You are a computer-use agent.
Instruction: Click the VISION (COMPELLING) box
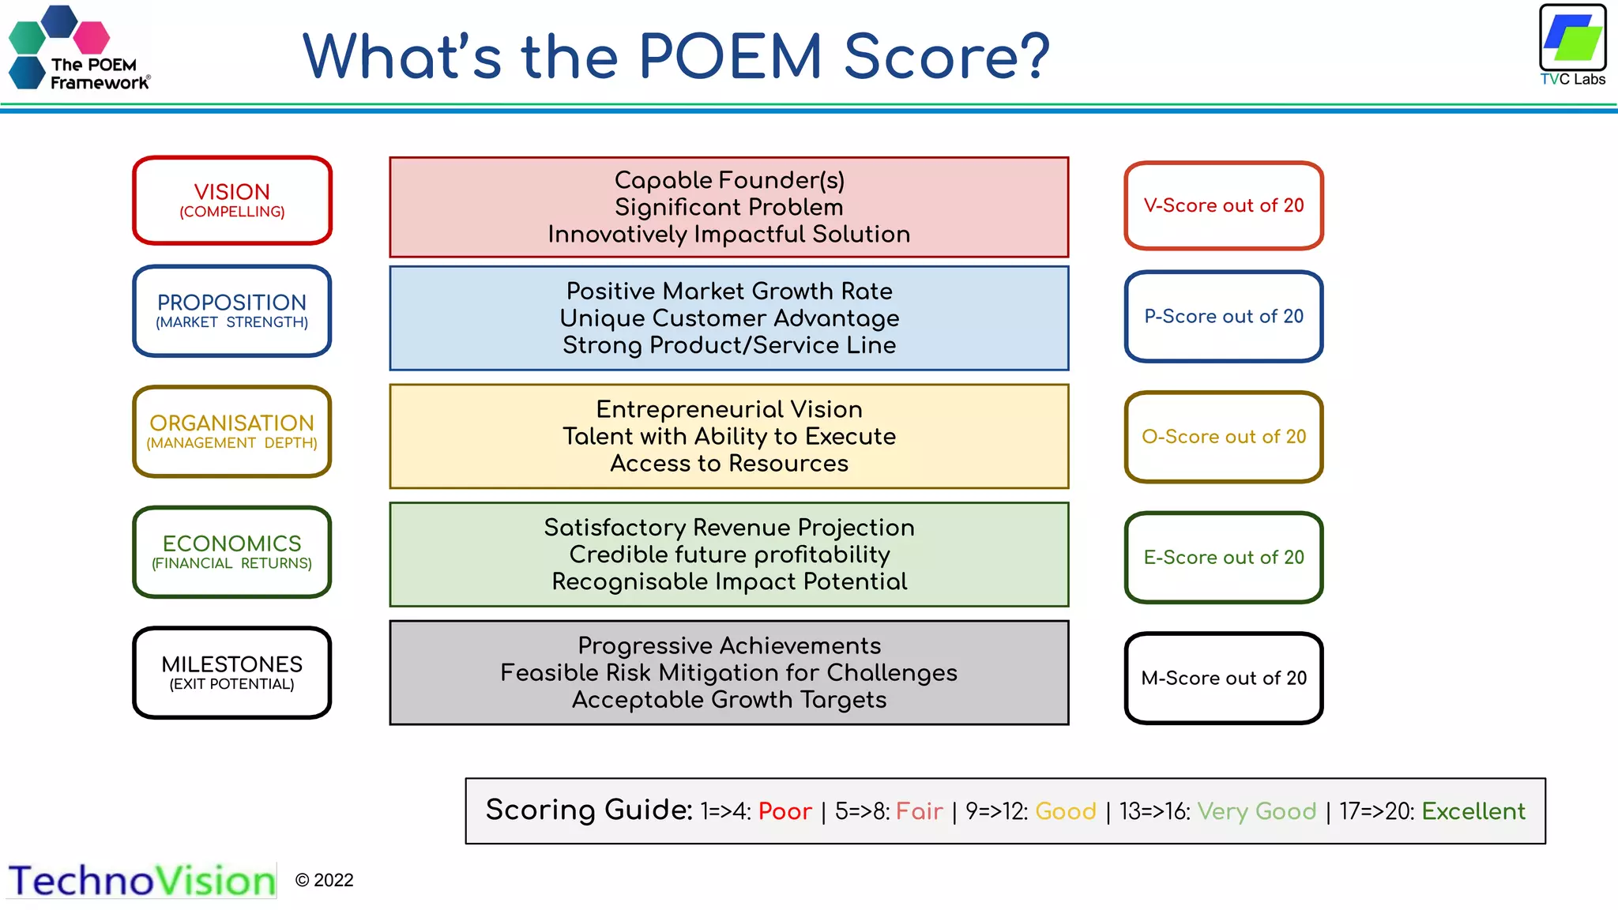pos(231,201)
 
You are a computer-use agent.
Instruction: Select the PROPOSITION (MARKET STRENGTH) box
pos(231,311)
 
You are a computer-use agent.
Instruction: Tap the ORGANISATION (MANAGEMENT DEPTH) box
pos(231,432)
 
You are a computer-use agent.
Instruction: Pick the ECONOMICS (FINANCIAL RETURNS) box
pos(231,552)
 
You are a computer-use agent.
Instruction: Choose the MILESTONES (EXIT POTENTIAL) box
pos(231,672)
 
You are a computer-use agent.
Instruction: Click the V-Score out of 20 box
pos(1223,205)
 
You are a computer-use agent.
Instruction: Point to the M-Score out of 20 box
pos(1223,678)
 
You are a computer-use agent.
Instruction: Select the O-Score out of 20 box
pos(1223,437)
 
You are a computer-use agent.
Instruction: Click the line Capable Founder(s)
pos(729,180)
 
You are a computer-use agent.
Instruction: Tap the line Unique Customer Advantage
pos(729,318)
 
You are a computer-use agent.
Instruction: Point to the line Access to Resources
pos(729,464)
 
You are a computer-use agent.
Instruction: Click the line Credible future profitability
pos(729,555)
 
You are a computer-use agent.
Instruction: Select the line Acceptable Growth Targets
pos(729,700)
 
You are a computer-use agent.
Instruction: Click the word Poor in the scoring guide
pos(785,811)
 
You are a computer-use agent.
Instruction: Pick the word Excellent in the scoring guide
pos(1473,811)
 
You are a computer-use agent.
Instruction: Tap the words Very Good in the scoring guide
pos(1256,811)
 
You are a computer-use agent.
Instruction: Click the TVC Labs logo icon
pos(1572,38)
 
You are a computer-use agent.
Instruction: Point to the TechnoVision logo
pos(142,881)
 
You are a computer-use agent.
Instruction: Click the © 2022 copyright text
pos(324,880)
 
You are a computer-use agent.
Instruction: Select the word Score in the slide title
pos(946,57)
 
